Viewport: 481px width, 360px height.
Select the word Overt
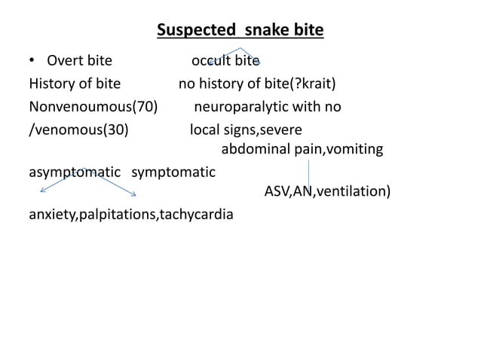tap(66, 60)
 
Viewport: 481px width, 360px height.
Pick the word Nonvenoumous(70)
tap(93, 106)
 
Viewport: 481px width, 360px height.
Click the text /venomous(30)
tap(78, 129)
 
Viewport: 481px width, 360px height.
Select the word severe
tap(280, 129)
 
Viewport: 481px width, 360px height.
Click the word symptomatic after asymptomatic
tap(173, 172)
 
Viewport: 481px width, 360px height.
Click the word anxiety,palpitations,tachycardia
tap(130, 215)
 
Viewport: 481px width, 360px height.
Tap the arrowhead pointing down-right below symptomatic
tap(133, 199)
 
